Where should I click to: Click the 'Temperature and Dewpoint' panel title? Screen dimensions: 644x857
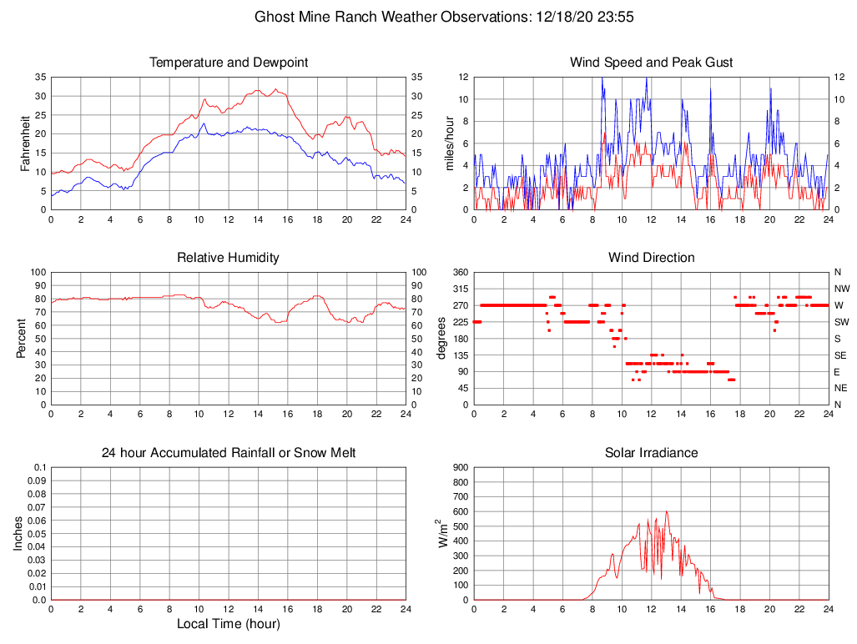229,63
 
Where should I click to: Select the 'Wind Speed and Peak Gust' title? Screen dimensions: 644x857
652,63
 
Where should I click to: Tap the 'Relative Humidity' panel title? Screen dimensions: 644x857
229,258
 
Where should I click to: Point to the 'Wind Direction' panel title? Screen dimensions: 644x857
652,258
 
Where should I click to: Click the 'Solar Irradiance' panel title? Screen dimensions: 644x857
652,453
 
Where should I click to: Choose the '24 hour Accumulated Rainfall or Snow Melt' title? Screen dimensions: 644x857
229,453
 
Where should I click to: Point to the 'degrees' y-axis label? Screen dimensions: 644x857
441,338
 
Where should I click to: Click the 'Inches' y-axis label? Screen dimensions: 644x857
18,533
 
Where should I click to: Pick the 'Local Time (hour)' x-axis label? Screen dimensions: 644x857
229,624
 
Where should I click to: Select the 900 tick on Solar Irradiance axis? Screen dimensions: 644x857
461,467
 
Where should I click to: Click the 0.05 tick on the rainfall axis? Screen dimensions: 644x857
38,534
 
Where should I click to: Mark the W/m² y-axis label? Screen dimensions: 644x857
442,533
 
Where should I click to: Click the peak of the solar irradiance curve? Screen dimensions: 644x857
666,511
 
